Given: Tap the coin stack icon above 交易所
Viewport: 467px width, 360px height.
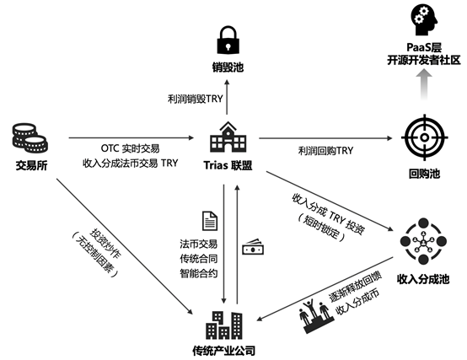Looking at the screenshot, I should (30, 135).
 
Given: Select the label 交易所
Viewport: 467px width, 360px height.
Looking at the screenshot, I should (30, 163).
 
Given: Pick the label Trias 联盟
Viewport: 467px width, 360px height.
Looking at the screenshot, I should (228, 163).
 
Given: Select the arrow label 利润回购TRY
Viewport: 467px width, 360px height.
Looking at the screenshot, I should (325, 150).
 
